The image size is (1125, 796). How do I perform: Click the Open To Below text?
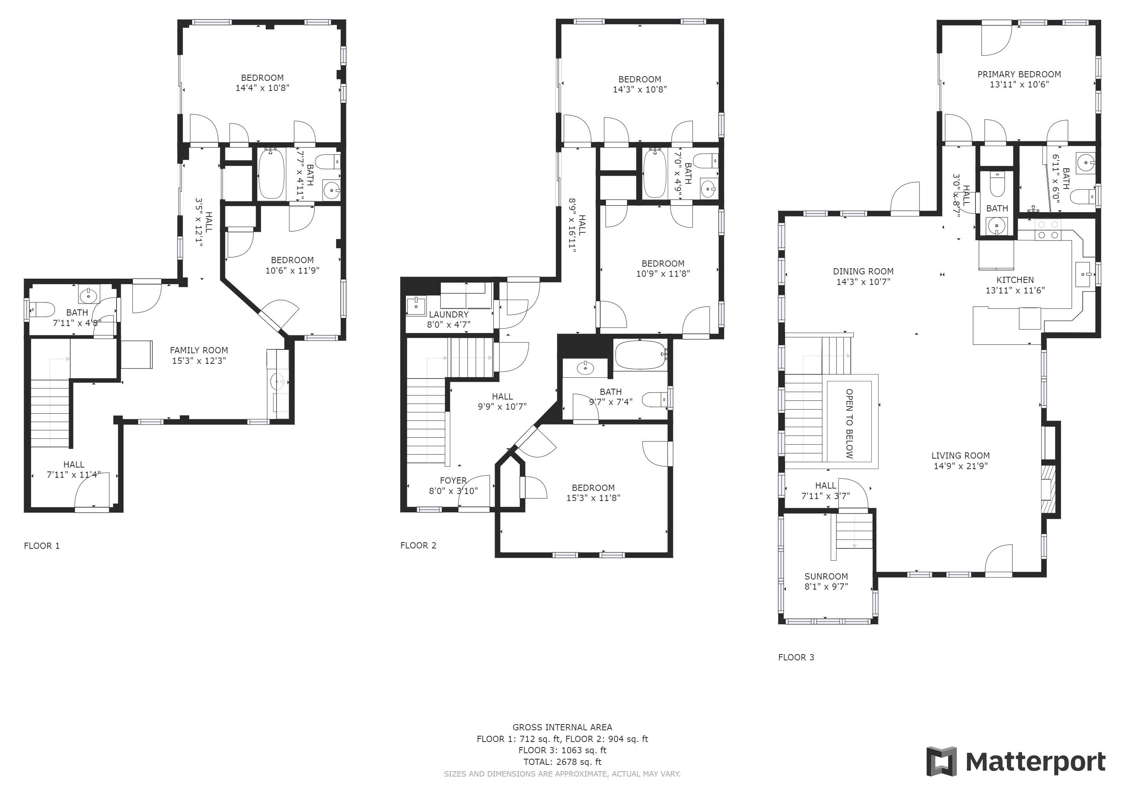pyautogui.click(x=849, y=424)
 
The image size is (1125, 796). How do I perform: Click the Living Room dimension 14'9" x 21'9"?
pyautogui.click(x=960, y=466)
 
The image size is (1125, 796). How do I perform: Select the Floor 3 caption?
pyautogui.click(x=796, y=657)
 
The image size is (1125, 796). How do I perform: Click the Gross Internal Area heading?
pyautogui.click(x=562, y=727)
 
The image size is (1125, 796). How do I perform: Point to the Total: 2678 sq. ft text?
pyautogui.click(x=562, y=762)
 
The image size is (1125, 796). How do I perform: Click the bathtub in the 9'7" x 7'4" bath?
pyautogui.click(x=639, y=355)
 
